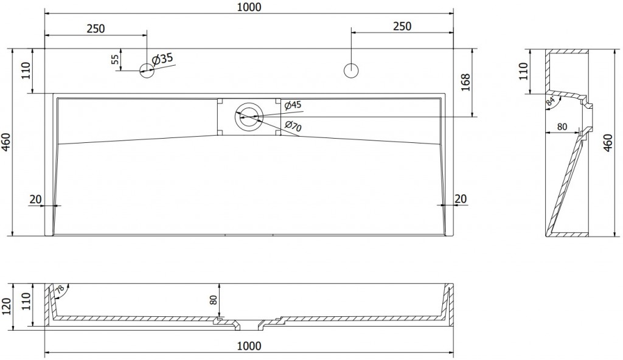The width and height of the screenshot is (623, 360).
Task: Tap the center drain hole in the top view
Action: [249, 117]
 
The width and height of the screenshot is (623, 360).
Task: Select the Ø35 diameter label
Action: [162, 59]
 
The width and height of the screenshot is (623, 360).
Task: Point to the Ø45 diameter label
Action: [293, 105]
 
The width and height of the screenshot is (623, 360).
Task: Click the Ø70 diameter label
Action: [293, 126]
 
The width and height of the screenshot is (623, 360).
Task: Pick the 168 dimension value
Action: [465, 82]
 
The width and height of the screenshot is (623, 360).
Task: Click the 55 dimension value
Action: [114, 60]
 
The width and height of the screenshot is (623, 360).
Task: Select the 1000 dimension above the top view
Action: [249, 7]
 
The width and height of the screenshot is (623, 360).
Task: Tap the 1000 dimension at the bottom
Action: [249, 346]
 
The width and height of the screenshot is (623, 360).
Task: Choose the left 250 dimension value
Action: [96, 29]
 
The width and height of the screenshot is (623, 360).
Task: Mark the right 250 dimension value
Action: [402, 26]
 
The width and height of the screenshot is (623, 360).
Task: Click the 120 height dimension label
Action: [6, 306]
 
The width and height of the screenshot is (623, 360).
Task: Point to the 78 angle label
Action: [59, 289]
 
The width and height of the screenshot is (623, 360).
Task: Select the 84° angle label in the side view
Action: [551, 101]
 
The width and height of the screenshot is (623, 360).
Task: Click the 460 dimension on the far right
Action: [608, 143]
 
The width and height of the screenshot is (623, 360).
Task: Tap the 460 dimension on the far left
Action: [6, 142]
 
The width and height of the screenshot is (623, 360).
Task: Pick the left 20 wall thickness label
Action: [35, 199]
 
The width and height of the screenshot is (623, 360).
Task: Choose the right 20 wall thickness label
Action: [460, 199]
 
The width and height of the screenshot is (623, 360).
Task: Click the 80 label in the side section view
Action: [562, 126]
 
